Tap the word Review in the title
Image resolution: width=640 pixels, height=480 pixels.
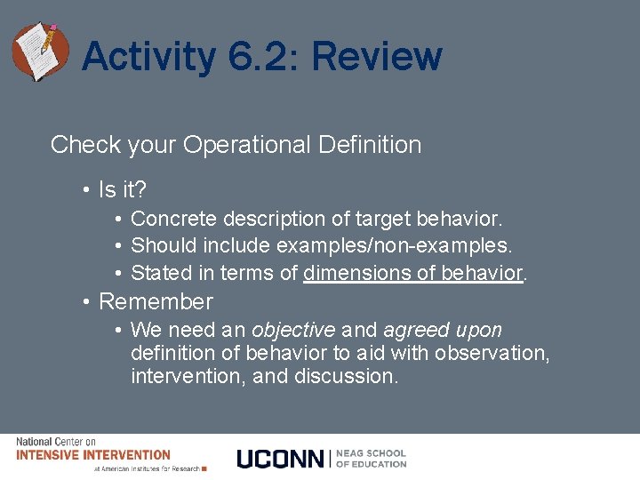(377, 58)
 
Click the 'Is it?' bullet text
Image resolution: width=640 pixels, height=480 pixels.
(123, 190)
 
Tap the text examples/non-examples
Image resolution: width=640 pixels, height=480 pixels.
(395, 245)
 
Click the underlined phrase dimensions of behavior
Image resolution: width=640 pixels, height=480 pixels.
(412, 273)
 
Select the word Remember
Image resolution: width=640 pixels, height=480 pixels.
(156, 302)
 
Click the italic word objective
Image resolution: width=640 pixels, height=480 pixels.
(293, 331)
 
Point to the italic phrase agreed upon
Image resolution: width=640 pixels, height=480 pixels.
(443, 331)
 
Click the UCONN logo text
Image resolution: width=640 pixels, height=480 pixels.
(280, 459)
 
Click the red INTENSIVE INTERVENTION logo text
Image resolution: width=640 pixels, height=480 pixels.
(92, 455)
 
